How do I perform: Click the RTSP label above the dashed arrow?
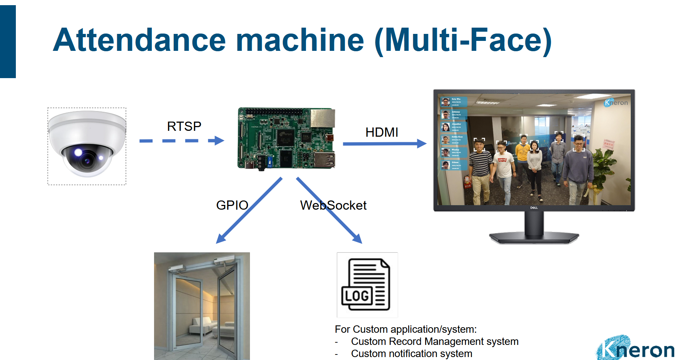click(x=184, y=126)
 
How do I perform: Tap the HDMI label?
click(x=382, y=132)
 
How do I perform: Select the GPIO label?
click(x=232, y=205)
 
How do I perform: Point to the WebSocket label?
click(x=333, y=205)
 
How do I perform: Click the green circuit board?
click(x=286, y=138)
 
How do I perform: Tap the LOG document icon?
click(x=367, y=284)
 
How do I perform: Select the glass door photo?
click(x=202, y=306)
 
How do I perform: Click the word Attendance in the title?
click(x=139, y=40)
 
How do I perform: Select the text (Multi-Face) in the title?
click(x=463, y=40)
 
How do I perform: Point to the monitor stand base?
click(x=534, y=238)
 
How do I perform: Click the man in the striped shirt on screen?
click(x=480, y=169)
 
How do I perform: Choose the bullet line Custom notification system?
click(x=411, y=354)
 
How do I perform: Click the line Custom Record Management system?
click(x=434, y=342)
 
